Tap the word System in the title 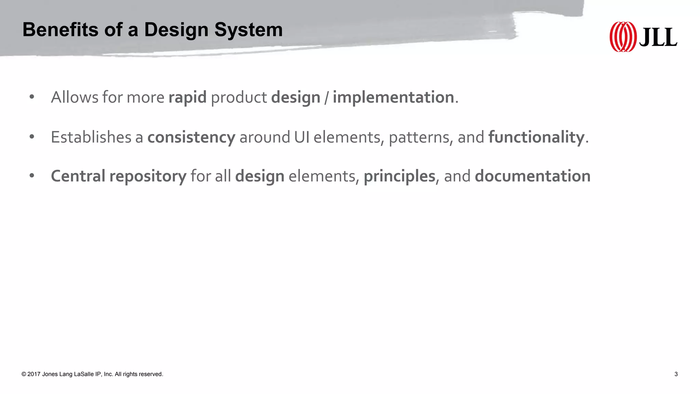coord(248,30)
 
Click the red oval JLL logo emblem coord(623,37)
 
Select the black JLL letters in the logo coord(658,38)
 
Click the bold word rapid coord(187,97)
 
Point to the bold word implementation coord(393,97)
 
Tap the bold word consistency coord(191,137)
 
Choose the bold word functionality coord(536,137)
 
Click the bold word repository coord(148,176)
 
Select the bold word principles coord(399,176)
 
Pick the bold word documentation coord(533,176)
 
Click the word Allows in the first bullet coord(75,97)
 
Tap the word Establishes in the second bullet coord(91,137)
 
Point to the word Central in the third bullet coord(78,176)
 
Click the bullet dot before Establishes coord(32,137)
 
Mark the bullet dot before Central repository coord(32,176)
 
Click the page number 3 coord(676,374)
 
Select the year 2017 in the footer coord(34,374)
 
